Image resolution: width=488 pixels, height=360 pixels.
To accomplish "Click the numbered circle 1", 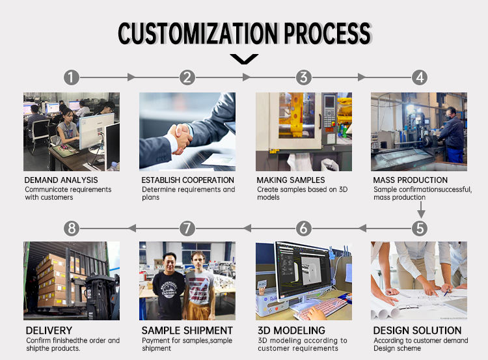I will point(72,77).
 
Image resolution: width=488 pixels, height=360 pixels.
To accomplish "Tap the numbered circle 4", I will point(420,77).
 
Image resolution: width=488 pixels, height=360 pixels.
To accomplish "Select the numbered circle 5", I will point(420,228).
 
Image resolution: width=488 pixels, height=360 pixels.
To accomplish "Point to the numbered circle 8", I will point(72,228).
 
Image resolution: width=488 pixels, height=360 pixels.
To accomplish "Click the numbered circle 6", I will point(304,228).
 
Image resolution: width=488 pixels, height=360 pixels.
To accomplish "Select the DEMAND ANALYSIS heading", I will point(61,180).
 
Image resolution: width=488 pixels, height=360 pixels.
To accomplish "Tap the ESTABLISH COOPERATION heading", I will point(188,180).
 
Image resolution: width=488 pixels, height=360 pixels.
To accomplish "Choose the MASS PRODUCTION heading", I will point(411,180).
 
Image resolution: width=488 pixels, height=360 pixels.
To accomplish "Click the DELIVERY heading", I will point(49,331).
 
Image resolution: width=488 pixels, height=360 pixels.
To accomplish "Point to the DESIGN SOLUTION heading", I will point(417,331).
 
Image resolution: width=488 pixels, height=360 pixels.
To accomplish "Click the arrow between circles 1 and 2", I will point(131,77).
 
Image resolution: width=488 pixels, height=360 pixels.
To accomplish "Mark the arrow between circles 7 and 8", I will point(131,228).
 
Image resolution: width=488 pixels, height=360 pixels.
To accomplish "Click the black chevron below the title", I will point(244,59).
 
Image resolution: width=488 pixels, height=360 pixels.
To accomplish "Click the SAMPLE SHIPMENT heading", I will point(187,331).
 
